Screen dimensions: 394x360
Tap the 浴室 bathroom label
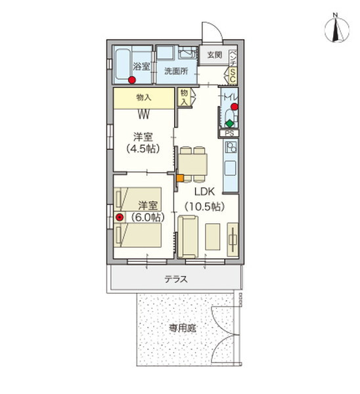tap(141, 66)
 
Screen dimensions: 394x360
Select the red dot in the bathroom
tap(132, 81)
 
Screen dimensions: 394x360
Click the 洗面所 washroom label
tap(175, 71)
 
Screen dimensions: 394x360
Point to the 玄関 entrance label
tap(214, 55)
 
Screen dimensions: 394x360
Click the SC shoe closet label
tap(233, 77)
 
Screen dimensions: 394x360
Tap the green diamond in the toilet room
tap(229, 123)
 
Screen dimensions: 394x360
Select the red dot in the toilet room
tap(234, 106)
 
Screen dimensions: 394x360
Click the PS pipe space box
tap(229, 133)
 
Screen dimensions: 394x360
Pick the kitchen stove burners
tap(231, 148)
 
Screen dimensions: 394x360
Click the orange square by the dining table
tap(178, 176)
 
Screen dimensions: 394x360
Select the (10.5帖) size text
tap(203, 206)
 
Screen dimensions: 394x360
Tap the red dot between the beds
tap(119, 217)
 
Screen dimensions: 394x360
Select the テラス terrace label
tap(175, 279)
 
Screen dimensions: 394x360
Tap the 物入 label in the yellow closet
tap(144, 97)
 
